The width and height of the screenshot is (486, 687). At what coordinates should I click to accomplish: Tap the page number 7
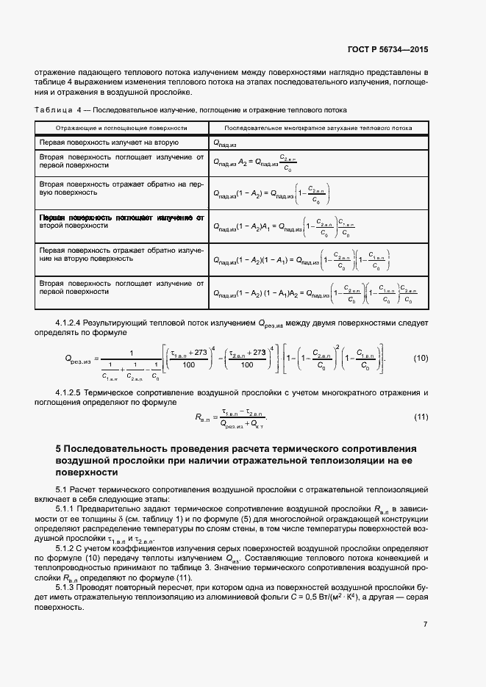425,624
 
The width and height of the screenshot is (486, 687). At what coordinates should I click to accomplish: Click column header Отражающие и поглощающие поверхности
121,127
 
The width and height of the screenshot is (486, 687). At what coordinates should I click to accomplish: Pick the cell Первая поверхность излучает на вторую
110,142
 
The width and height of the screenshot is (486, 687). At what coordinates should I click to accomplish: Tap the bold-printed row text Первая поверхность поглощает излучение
121,218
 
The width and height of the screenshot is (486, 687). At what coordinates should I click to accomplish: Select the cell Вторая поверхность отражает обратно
121,187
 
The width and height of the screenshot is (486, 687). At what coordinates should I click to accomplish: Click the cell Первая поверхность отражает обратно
121,254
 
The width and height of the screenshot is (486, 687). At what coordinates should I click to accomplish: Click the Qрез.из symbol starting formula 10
77,359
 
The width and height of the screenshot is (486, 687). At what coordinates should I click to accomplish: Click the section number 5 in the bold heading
59,448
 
